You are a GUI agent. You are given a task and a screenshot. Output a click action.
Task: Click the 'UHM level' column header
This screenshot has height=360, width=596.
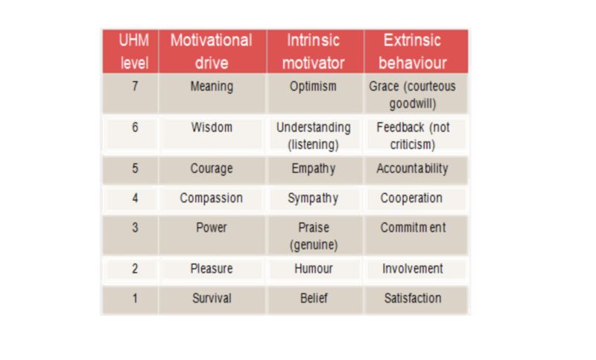point(134,51)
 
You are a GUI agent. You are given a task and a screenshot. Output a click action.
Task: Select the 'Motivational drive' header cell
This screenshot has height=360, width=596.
point(212,51)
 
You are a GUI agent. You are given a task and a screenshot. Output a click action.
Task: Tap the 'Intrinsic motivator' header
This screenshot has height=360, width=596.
point(313,51)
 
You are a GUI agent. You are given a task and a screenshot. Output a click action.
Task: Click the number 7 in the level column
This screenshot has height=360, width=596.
point(135,86)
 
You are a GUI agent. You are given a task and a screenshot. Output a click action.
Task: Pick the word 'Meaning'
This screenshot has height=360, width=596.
point(212,86)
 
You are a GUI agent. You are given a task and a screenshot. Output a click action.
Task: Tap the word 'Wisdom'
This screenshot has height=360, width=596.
point(212,127)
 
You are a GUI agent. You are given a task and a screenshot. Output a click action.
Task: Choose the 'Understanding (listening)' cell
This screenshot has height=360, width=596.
point(314,136)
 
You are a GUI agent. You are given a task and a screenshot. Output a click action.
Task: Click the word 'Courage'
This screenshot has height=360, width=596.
point(212,168)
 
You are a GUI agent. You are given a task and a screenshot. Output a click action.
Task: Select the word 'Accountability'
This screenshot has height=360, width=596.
point(413,168)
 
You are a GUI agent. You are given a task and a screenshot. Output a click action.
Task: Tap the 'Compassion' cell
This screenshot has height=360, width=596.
point(212,198)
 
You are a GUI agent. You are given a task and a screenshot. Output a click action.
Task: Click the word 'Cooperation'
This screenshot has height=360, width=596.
point(412,198)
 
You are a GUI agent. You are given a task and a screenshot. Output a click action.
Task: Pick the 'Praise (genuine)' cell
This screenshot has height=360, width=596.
point(314,236)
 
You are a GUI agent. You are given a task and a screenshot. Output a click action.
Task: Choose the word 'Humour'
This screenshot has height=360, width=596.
point(314,269)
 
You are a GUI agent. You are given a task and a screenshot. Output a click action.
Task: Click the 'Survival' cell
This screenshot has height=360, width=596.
point(212,298)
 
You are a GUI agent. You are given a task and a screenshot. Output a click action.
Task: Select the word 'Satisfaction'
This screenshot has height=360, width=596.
point(413,298)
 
